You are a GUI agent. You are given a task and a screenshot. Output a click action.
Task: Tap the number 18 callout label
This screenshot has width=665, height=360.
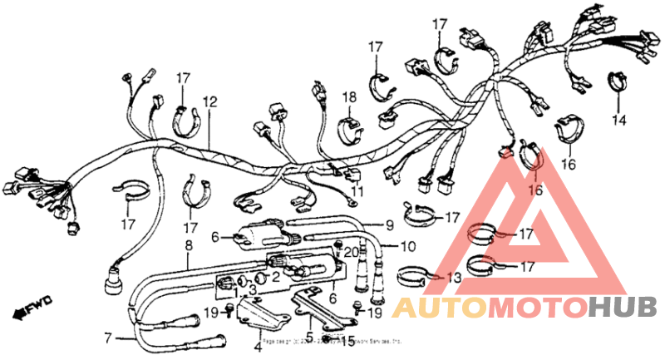point(350,97)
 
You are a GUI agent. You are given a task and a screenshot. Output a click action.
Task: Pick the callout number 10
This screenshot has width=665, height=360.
point(407,246)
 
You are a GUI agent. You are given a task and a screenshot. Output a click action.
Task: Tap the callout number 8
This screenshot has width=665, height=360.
point(188,245)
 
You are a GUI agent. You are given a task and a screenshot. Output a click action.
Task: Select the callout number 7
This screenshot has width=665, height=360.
point(106,338)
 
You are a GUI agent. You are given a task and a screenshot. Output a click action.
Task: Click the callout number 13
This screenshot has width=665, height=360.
point(453,277)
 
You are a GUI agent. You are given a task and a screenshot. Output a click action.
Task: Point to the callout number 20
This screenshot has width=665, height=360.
point(351,252)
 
